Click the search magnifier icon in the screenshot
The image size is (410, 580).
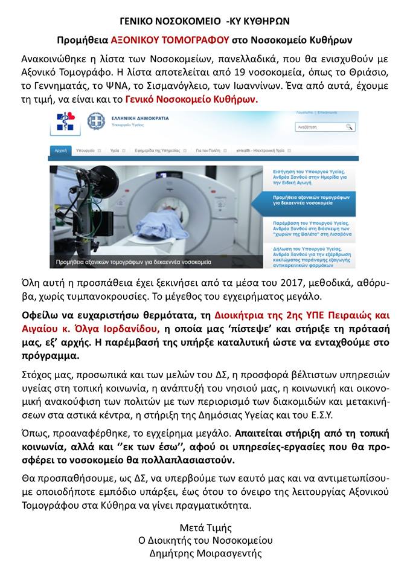click(x=349, y=127)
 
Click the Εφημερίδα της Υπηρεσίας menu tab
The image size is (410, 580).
click(x=156, y=150)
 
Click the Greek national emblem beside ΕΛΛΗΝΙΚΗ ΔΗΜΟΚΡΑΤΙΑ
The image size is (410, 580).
click(x=96, y=122)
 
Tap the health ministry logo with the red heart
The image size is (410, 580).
click(x=65, y=121)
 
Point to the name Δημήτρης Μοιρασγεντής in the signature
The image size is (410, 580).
click(x=205, y=553)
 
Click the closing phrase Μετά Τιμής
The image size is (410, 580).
click(x=205, y=527)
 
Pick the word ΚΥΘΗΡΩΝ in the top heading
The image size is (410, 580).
click(x=263, y=21)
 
